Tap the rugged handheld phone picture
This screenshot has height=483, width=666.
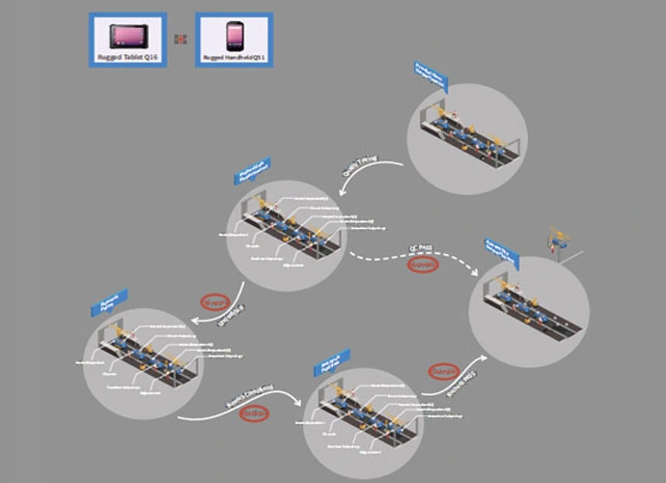[234, 36]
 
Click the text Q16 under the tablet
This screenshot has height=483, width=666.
[150, 58]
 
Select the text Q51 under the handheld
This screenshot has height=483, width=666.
[257, 58]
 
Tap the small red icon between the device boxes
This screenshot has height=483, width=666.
[180, 40]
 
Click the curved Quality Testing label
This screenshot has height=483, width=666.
[360, 162]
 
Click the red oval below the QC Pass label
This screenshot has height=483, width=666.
[423, 264]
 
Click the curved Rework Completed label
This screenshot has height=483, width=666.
[250, 396]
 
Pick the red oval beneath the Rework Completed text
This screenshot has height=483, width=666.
[254, 413]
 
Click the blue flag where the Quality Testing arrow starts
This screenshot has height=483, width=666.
[430, 76]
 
